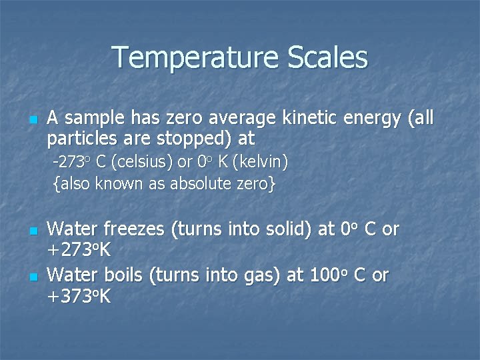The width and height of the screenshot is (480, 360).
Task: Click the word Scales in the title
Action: pyautogui.click(x=328, y=57)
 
